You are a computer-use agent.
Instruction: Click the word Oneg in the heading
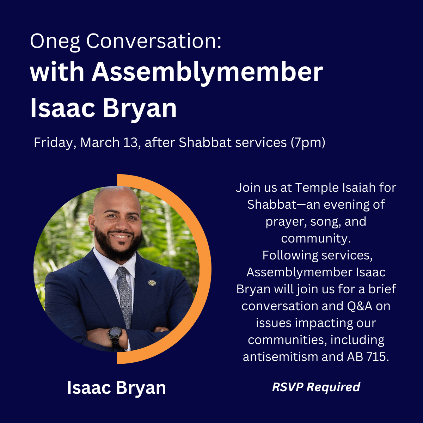pos(55,42)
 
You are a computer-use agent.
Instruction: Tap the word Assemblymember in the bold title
pos(207,73)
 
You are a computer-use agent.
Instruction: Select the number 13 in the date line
pos(131,143)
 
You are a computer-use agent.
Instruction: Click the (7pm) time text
pos(308,143)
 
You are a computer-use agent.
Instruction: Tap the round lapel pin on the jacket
pos(152,283)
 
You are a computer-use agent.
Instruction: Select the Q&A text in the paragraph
pos(360,306)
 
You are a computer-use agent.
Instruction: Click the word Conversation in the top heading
pos(154,41)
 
